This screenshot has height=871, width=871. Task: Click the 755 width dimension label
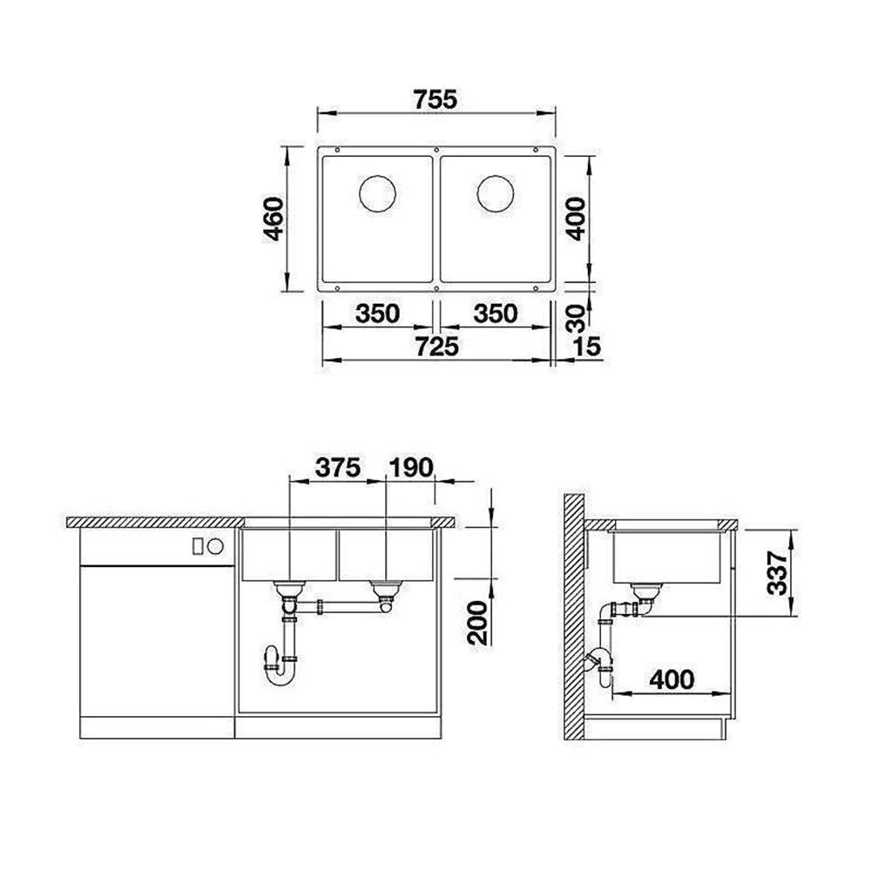coord(435,99)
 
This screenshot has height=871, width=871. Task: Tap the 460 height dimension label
coord(273,219)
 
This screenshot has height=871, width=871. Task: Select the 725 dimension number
coord(437,347)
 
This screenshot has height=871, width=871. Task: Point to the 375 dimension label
coord(338,468)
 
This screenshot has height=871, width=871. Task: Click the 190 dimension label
coord(411,468)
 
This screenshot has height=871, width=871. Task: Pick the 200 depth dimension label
coord(477,622)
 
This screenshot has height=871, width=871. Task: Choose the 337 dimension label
coord(777,573)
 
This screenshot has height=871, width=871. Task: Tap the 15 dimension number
coord(588,347)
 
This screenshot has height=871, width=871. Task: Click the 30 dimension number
coord(577,318)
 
